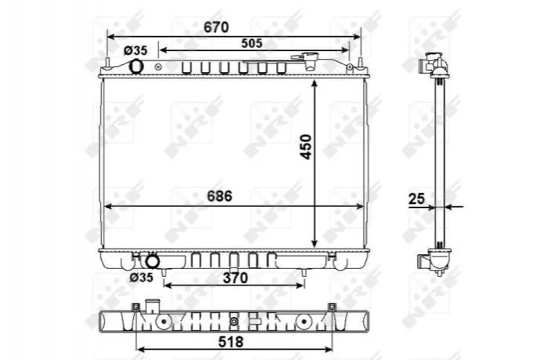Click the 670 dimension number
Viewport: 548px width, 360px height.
click(x=216, y=27)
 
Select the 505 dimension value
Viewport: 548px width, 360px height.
click(x=252, y=43)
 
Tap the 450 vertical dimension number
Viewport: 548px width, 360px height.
click(x=306, y=147)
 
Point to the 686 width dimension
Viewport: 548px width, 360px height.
click(x=220, y=196)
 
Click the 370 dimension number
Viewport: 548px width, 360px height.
click(x=235, y=278)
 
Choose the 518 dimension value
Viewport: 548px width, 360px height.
click(x=230, y=341)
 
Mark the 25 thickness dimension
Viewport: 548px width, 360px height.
click(x=416, y=199)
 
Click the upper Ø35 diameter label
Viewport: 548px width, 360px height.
click(x=136, y=51)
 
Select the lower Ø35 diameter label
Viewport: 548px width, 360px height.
click(x=141, y=278)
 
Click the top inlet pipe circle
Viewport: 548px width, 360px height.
click(x=136, y=67)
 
